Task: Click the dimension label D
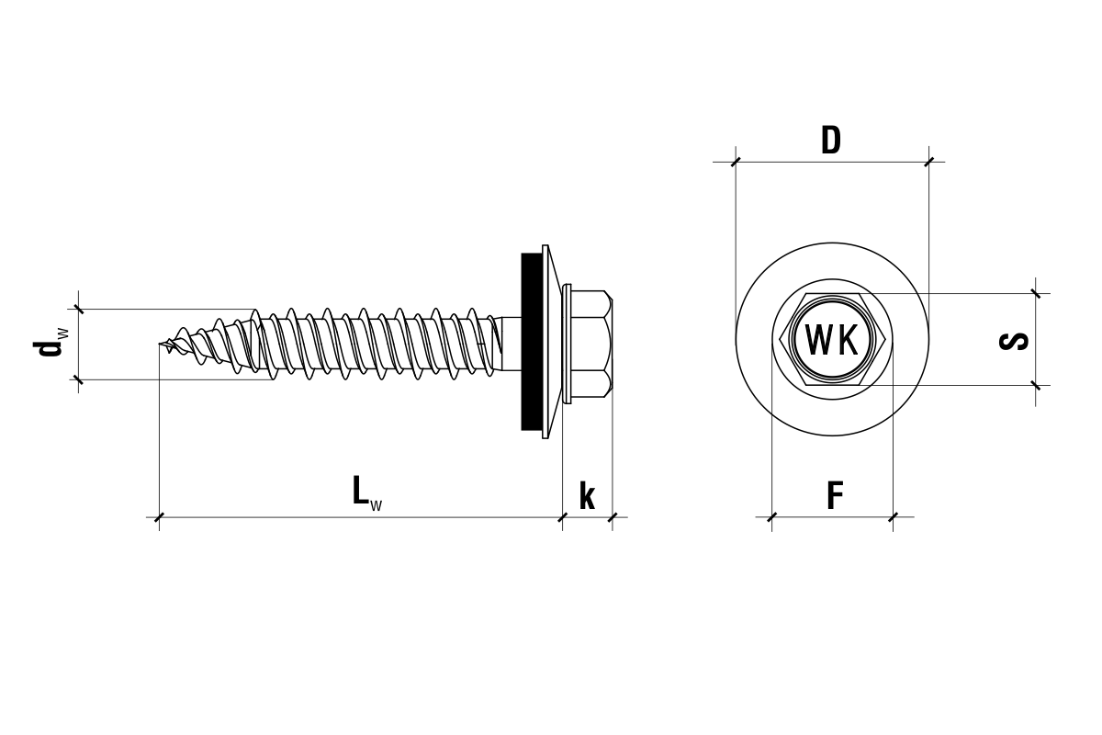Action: (x=830, y=141)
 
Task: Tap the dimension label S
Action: (x=1013, y=340)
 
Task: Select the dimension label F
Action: (x=834, y=496)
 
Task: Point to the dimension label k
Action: (x=587, y=496)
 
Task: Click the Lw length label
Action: (x=365, y=493)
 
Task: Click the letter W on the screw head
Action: (x=817, y=340)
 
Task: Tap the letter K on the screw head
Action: (x=848, y=340)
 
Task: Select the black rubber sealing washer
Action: (x=530, y=340)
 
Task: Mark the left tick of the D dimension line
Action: (x=736, y=163)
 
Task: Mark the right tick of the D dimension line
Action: (x=928, y=163)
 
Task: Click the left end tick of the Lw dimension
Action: (x=160, y=517)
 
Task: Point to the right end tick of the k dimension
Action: (x=613, y=517)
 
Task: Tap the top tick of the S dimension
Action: (x=1036, y=294)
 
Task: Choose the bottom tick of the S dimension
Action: (x=1036, y=385)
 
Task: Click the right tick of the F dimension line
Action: (x=893, y=517)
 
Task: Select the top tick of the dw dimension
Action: (x=78, y=309)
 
